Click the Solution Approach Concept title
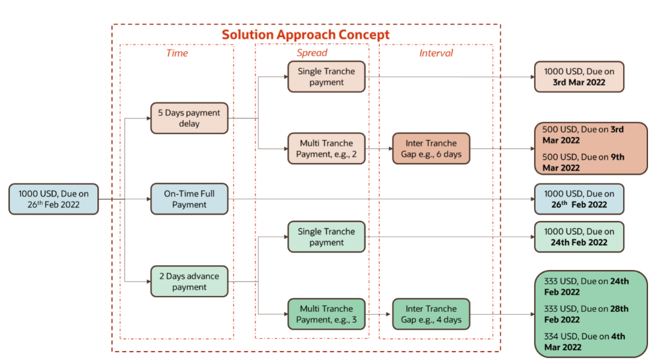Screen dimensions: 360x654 click(x=305, y=34)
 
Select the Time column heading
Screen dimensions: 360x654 click(x=176, y=53)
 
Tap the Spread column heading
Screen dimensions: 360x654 click(x=312, y=53)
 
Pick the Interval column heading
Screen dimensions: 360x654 click(x=436, y=53)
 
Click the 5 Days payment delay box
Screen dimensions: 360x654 click(x=189, y=118)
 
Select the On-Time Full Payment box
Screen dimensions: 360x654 click(x=189, y=199)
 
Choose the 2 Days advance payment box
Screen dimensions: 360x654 click(x=189, y=281)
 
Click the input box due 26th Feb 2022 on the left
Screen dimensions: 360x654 click(x=53, y=199)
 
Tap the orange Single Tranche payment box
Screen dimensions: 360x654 click(x=326, y=77)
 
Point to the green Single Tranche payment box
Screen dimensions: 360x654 click(x=326, y=237)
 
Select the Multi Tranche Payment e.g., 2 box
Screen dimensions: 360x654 click(x=326, y=149)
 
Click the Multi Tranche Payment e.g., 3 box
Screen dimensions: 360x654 click(x=326, y=314)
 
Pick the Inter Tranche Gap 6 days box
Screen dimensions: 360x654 click(x=431, y=149)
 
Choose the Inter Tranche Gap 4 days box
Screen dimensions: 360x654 click(x=431, y=314)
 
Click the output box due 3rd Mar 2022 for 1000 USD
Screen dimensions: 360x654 click(x=578, y=77)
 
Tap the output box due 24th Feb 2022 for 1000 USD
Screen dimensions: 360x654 click(x=578, y=237)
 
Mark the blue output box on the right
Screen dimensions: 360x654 click(x=578, y=199)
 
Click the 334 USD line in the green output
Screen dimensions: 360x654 click(x=584, y=341)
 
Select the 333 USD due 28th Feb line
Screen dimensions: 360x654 click(x=586, y=314)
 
